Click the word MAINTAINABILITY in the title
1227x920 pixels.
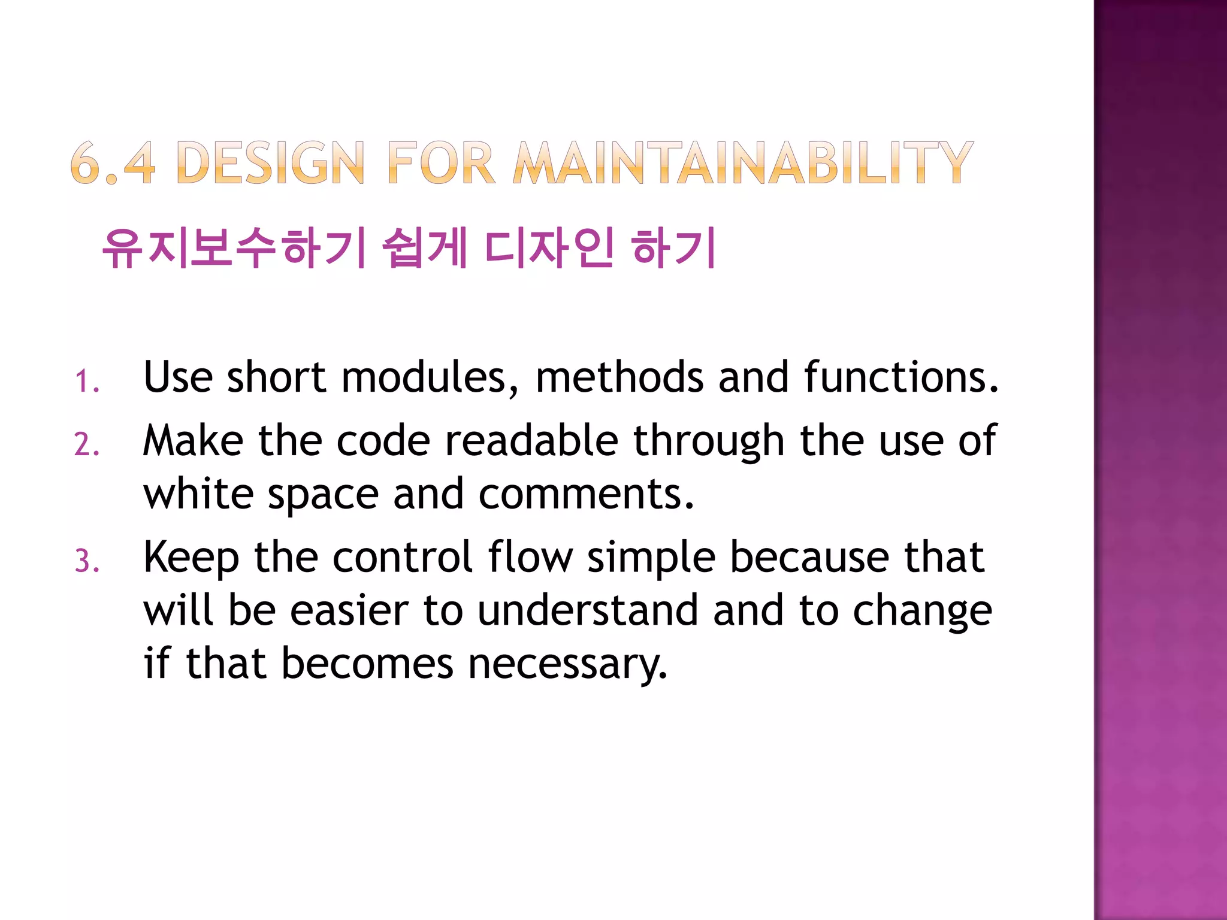[743, 162]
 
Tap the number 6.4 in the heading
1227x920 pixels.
[113, 162]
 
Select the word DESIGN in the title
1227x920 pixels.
[271, 162]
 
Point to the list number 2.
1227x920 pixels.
[87, 445]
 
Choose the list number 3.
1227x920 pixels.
[87, 562]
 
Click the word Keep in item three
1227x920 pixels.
[192, 558]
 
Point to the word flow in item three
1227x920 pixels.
[530, 557]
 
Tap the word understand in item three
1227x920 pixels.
[588, 610]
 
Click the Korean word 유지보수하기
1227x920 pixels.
[234, 248]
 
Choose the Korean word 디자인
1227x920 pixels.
[549, 248]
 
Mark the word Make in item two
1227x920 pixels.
[193, 441]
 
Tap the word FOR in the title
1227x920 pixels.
[442, 162]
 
